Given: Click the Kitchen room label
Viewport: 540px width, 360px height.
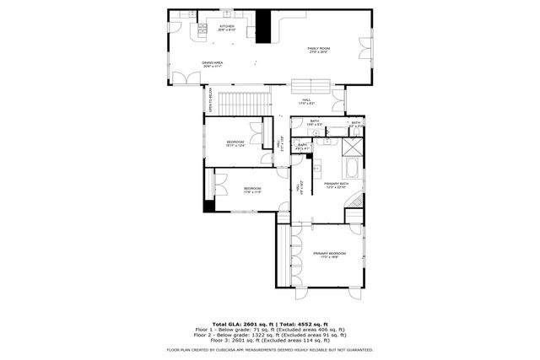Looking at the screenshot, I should click(227, 28).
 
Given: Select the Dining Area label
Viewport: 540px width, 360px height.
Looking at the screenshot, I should click(212, 64).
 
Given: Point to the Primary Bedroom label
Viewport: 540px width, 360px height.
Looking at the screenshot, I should click(330, 255).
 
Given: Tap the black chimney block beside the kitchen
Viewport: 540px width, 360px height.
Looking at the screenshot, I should click(264, 26).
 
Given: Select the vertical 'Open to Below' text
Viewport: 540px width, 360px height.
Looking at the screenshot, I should click(211, 100).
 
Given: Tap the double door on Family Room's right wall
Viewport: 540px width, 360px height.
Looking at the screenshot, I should click(365, 48).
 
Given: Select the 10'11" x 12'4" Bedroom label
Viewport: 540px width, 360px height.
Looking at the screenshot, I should click(235, 143).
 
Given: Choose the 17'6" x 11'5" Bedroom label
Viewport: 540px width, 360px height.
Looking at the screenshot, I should click(252, 190).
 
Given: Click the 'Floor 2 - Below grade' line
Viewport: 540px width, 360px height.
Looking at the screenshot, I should click(270, 334).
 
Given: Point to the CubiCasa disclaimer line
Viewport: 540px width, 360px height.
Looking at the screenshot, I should click(270, 348).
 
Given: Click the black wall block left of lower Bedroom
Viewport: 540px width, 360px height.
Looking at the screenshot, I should click(209, 205).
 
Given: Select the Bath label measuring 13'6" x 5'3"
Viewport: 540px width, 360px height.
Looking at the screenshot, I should click(314, 123).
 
